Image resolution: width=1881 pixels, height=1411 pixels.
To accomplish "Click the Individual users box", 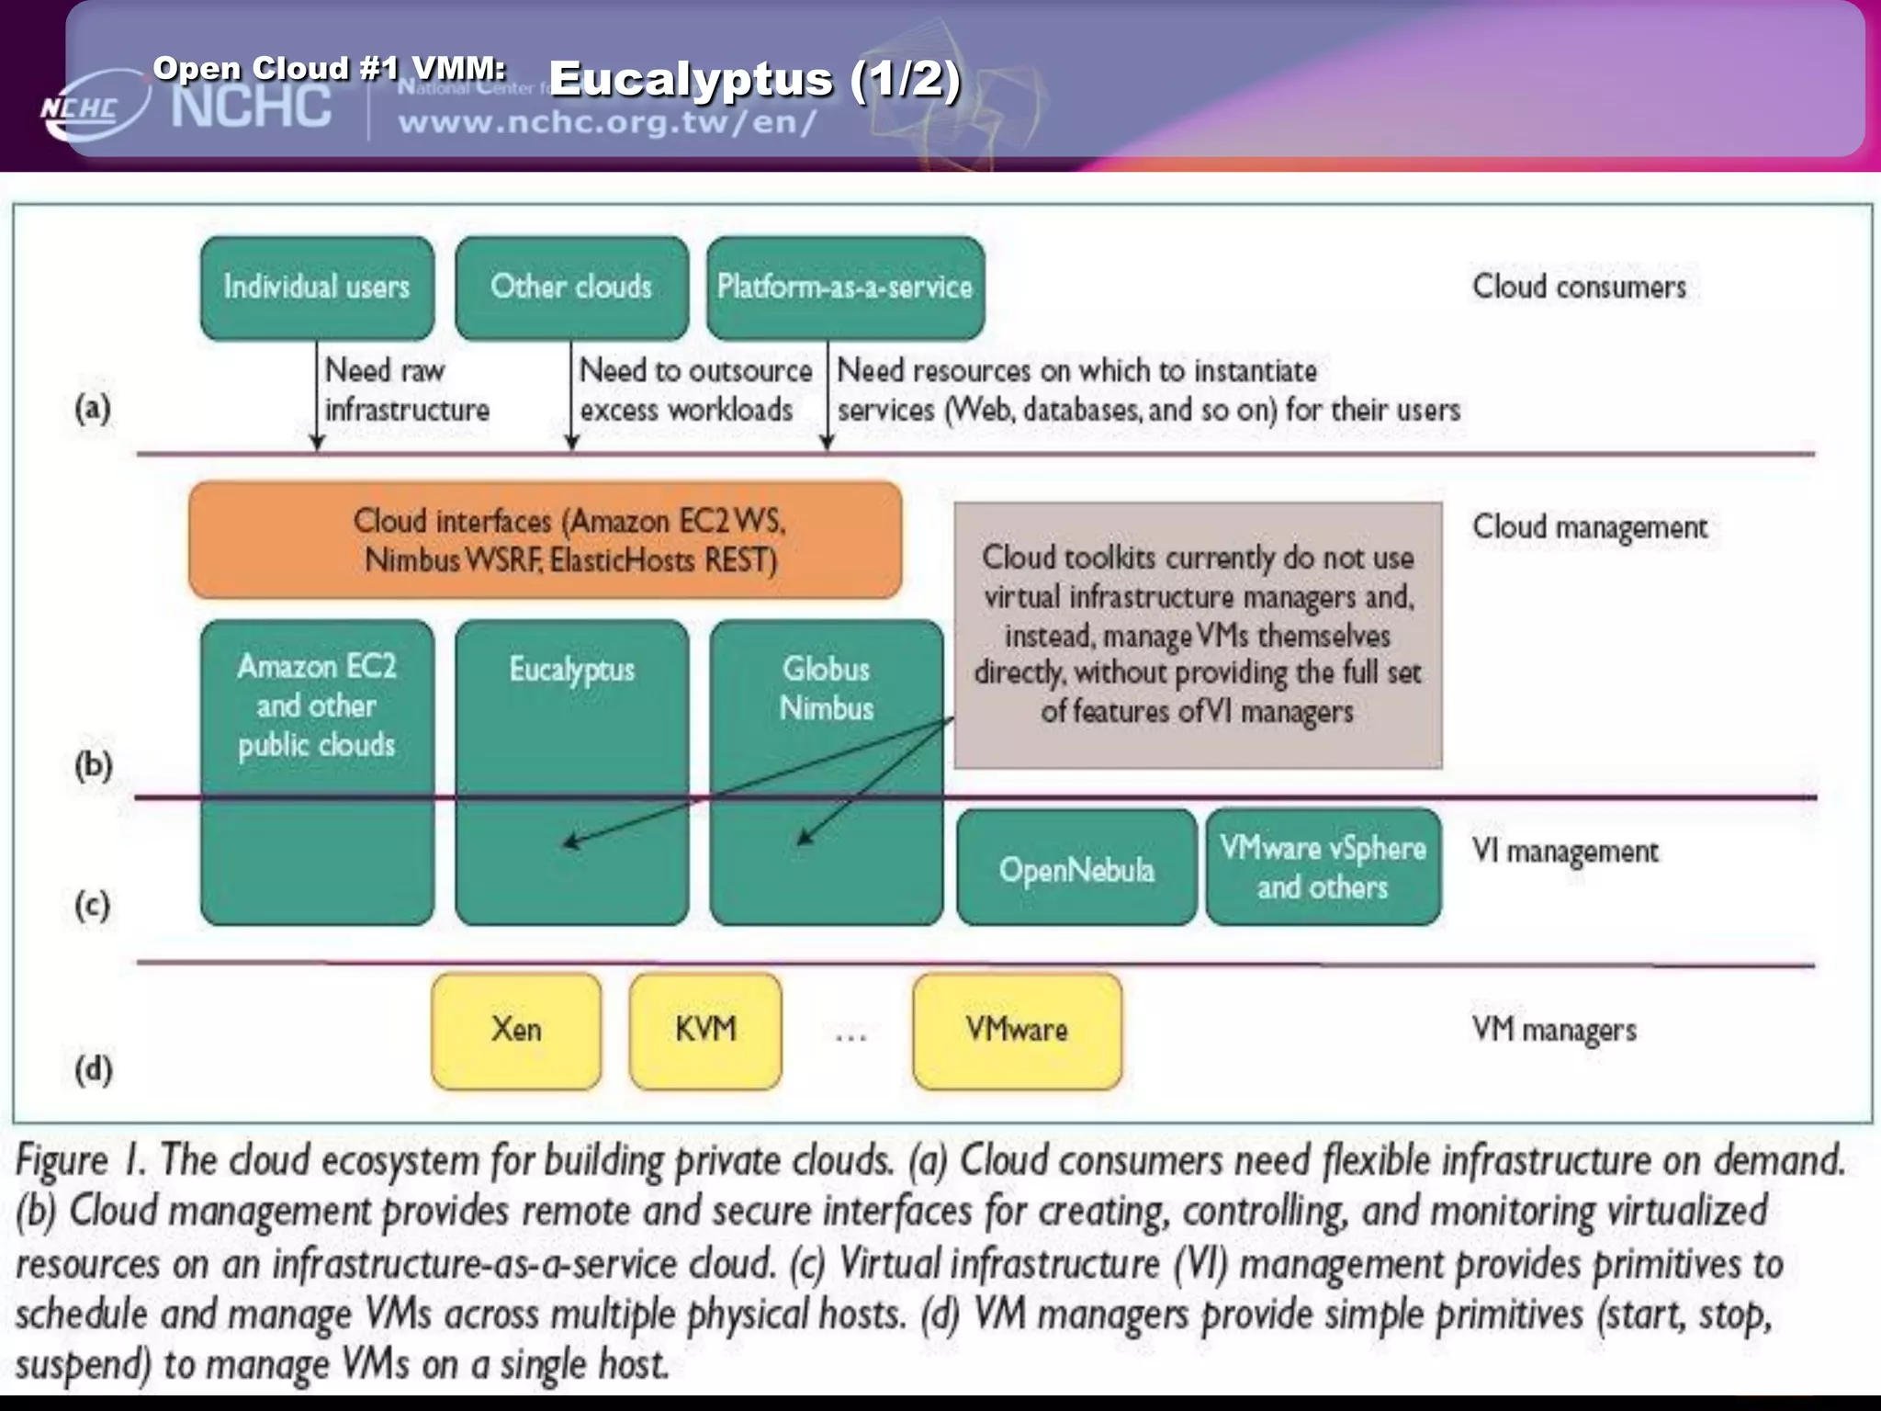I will pyautogui.click(x=317, y=288).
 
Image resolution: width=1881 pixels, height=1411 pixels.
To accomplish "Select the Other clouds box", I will pyautogui.click(x=571, y=288).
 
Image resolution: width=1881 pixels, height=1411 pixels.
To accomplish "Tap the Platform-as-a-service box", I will pyautogui.click(x=845, y=288).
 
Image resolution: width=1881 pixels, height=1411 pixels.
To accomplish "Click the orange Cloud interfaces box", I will pyautogui.click(x=545, y=540).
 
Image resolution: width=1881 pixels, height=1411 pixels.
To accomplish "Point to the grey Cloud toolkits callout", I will pyautogui.click(x=1198, y=634).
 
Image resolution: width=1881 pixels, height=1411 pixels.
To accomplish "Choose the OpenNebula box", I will pyautogui.click(x=1076, y=868).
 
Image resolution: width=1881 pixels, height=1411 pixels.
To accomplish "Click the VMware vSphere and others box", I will pyautogui.click(x=1323, y=867).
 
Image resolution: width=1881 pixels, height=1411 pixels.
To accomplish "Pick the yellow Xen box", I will pyautogui.click(x=516, y=1031).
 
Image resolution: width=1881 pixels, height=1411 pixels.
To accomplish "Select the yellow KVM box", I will pyautogui.click(x=705, y=1031).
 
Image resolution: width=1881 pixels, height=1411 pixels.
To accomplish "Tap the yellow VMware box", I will pyautogui.click(x=1017, y=1031).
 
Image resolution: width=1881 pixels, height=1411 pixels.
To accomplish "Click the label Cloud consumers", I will pyautogui.click(x=1579, y=287).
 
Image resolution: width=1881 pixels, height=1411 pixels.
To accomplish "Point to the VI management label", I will pyautogui.click(x=1565, y=852).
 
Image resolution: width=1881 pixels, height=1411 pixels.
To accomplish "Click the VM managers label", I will pyautogui.click(x=1554, y=1030).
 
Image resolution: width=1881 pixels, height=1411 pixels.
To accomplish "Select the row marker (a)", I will pyautogui.click(x=93, y=407).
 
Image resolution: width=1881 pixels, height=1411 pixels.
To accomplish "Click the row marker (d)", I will pyautogui.click(x=93, y=1069).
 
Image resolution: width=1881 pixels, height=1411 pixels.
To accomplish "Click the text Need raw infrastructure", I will pyautogui.click(x=406, y=389).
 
